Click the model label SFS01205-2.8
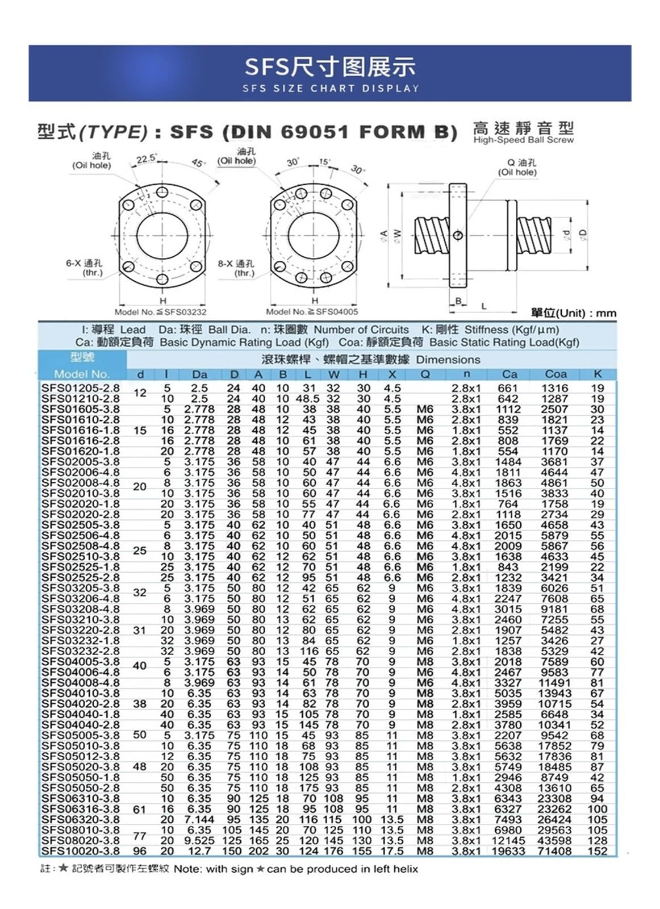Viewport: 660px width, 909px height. pos(81,389)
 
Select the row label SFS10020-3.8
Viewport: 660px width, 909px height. pos(81,851)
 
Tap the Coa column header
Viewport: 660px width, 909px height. pos(555,374)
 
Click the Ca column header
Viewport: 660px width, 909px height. pos(509,374)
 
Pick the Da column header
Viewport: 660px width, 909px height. pos(199,374)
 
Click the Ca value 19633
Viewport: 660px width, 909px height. pos(508,851)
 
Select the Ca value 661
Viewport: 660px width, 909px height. pos(508,389)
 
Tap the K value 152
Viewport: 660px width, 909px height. pos(598,851)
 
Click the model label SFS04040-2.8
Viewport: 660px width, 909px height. pos(81,725)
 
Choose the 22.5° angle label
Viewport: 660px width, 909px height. pos(147,159)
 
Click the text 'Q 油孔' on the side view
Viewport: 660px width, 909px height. pos(521,163)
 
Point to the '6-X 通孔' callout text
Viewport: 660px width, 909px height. pos(84,264)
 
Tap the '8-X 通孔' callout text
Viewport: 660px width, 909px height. pos(236,264)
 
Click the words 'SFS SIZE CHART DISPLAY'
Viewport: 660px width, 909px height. pos(331,89)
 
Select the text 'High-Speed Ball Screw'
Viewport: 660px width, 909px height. pos(523,140)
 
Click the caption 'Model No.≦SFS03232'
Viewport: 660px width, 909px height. pos(160,312)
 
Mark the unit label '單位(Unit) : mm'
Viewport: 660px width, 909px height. pos(573,313)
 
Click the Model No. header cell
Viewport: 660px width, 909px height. pos(82,374)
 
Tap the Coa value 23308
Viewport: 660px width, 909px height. pos(554,799)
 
